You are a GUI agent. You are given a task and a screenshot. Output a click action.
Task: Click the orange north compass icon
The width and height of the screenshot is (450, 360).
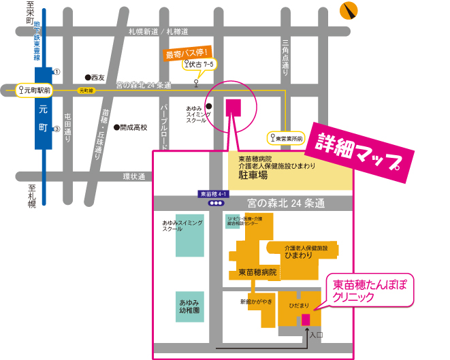351,10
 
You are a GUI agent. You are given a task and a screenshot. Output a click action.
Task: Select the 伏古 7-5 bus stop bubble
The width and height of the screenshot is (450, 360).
200,64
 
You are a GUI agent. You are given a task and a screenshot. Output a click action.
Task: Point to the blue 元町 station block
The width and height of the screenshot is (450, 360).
42,109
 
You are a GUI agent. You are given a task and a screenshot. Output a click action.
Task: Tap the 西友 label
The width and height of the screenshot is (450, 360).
97,78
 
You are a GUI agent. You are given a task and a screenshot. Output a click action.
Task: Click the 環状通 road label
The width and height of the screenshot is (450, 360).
134,176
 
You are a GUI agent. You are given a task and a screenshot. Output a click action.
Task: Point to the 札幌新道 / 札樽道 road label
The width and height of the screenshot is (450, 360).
158,32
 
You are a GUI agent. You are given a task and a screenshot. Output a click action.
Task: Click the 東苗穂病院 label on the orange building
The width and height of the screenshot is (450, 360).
257,272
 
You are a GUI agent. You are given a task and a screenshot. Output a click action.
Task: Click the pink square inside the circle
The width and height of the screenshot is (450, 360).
233,107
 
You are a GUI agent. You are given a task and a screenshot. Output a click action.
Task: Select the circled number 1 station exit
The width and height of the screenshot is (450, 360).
57,71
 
